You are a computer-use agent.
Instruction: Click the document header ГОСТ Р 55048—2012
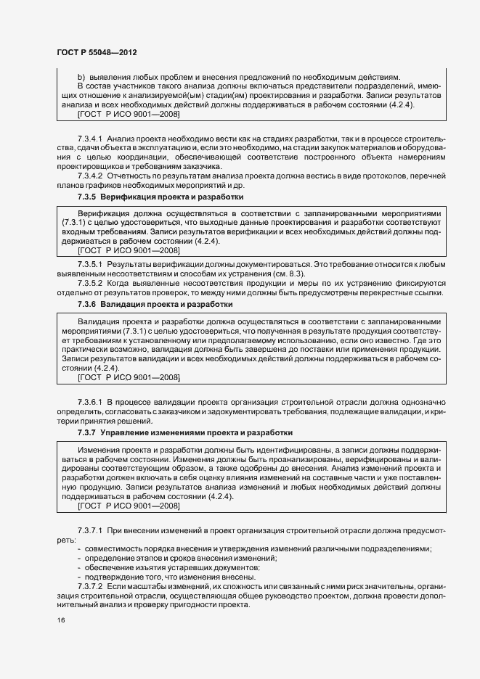pos(96,53)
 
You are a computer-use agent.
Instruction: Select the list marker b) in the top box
pos(81,77)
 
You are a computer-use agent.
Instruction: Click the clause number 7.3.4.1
pos(92,138)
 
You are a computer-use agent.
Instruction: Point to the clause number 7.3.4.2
pos(92,176)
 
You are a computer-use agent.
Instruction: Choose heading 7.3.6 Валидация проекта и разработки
pos(155,305)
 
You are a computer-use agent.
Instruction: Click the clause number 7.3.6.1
pos(92,401)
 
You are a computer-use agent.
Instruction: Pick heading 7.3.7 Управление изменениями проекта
pos(185,432)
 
